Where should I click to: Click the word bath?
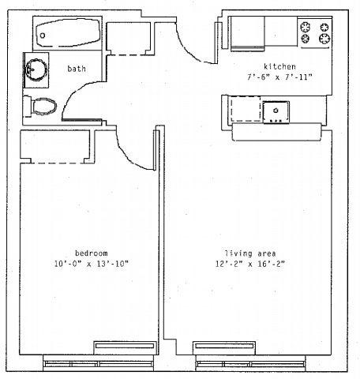(x=77, y=69)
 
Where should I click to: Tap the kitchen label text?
(x=279, y=66)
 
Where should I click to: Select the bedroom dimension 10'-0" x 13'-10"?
(x=92, y=264)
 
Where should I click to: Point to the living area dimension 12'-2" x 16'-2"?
(x=250, y=264)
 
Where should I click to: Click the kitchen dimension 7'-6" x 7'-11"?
(x=279, y=77)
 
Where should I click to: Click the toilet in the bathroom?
(x=40, y=107)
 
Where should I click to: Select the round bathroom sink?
(x=36, y=69)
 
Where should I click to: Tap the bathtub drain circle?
(x=43, y=36)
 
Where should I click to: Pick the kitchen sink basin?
(x=276, y=111)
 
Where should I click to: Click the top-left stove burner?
(x=306, y=27)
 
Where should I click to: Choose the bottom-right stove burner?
(x=324, y=39)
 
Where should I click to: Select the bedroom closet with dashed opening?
(x=58, y=146)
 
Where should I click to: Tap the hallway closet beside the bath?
(x=129, y=39)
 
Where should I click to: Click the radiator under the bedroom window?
(x=125, y=347)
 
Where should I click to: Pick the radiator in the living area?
(x=224, y=347)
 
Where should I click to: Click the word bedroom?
(x=92, y=253)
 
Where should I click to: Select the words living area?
(x=250, y=253)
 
